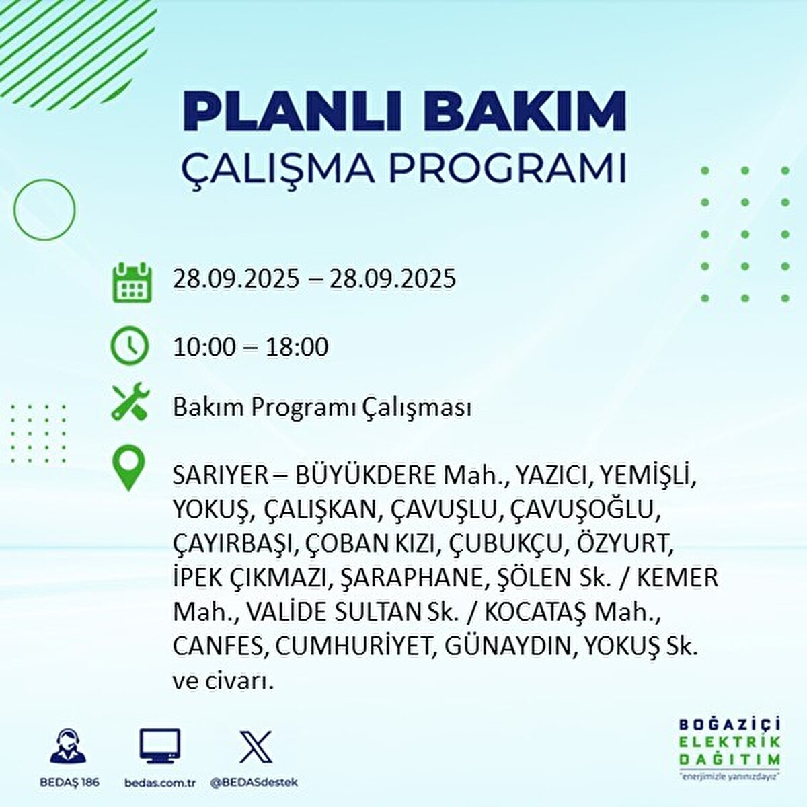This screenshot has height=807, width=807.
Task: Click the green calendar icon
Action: pyautogui.click(x=131, y=282)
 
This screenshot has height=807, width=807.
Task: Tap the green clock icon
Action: pyautogui.click(x=129, y=346)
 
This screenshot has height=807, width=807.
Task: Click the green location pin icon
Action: pyautogui.click(x=128, y=469)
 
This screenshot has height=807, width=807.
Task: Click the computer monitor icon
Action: pyautogui.click(x=159, y=746)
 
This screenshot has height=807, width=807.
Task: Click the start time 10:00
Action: pyautogui.click(x=204, y=347)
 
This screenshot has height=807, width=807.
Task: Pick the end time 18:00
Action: pyautogui.click(x=297, y=347)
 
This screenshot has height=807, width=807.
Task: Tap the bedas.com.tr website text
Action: pyautogui.click(x=160, y=783)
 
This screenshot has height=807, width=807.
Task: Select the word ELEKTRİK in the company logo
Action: pyautogui.click(x=729, y=742)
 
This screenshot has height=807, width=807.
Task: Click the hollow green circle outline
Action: pyautogui.click(x=44, y=210)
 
